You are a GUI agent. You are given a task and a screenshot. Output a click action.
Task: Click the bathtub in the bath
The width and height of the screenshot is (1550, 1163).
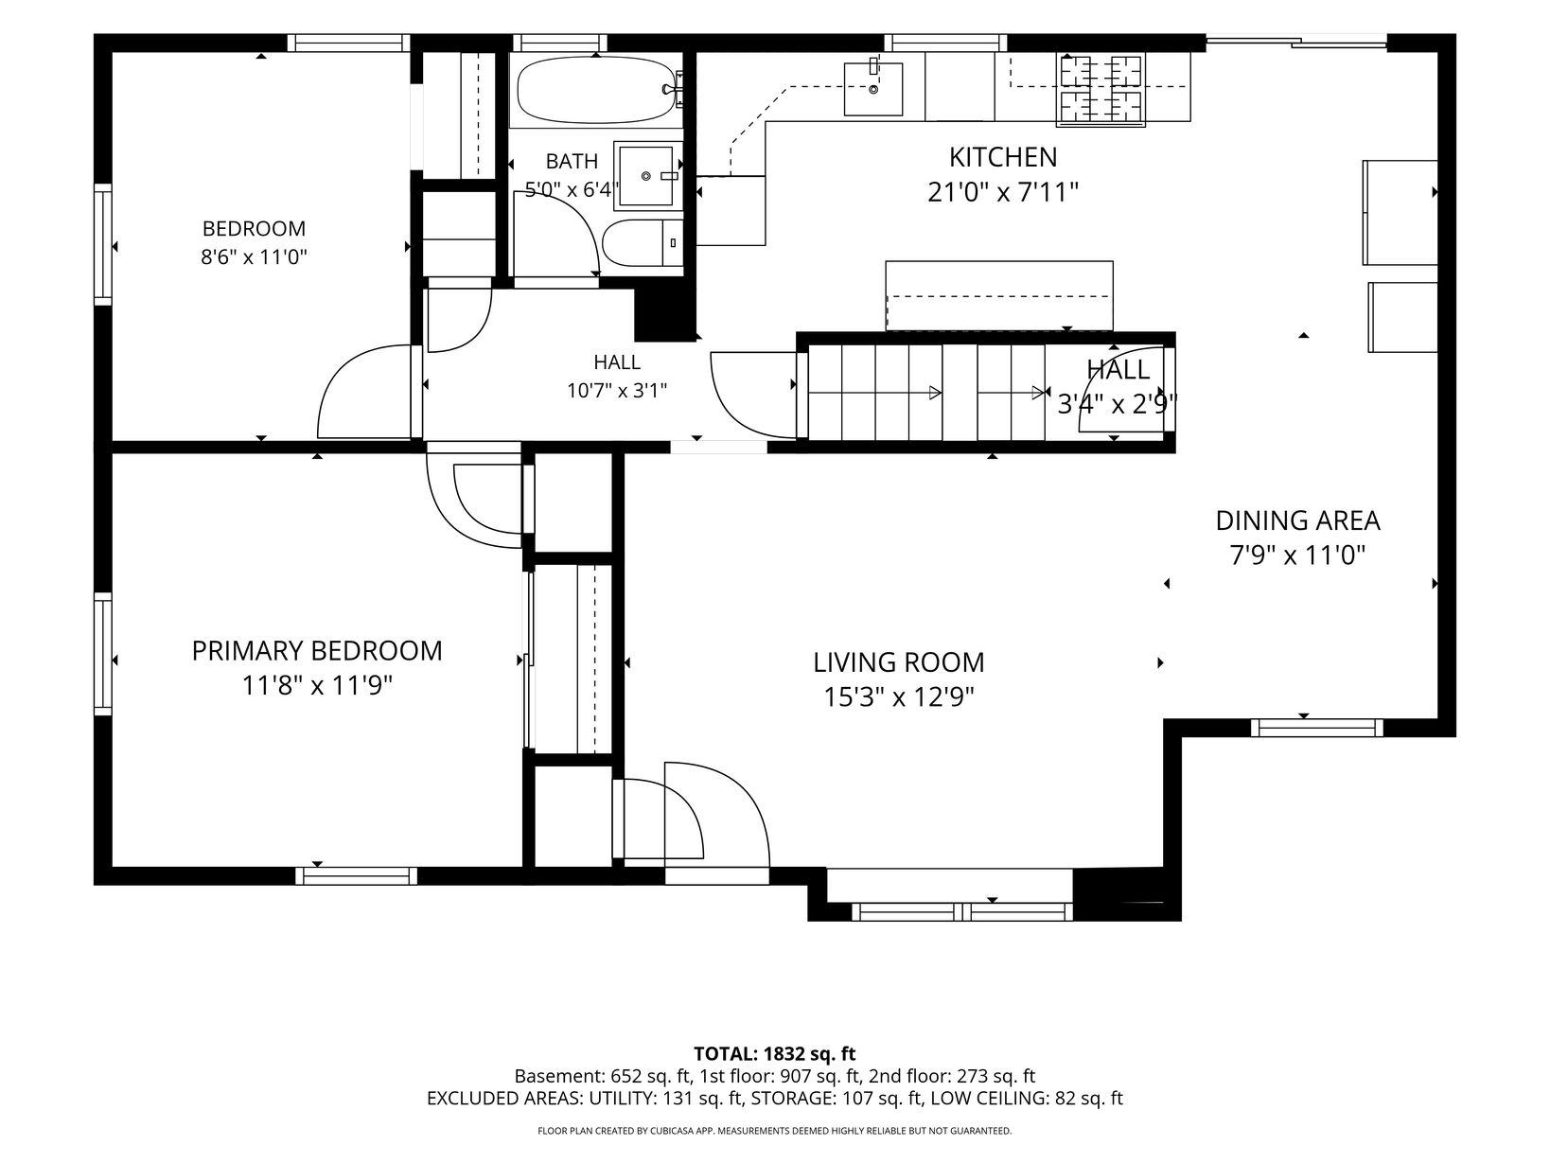point(596,90)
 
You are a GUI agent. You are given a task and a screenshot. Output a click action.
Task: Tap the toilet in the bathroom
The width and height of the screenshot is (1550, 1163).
point(643,242)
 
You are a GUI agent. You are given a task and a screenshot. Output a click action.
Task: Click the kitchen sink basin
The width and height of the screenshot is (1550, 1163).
point(872,89)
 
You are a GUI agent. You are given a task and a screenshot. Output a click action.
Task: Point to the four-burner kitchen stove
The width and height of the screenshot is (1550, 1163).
point(1101,89)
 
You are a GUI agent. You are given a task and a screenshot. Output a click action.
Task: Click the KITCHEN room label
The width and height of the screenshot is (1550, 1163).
point(1003,157)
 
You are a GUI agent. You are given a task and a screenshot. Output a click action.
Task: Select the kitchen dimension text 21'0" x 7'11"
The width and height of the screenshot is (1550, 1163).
point(1003,192)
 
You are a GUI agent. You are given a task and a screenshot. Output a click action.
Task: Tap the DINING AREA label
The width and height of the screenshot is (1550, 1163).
point(1297,520)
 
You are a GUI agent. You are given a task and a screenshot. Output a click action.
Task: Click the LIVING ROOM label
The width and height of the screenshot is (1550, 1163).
point(898,662)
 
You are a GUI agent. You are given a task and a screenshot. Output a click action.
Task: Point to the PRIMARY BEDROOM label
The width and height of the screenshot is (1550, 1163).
point(317,650)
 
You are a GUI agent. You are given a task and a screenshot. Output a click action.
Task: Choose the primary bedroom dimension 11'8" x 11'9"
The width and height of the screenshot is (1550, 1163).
point(317,685)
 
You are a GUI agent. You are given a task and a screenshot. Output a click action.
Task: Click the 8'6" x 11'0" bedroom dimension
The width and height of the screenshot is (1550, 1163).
point(255,256)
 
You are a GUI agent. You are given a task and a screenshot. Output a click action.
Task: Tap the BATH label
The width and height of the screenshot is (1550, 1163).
point(572,161)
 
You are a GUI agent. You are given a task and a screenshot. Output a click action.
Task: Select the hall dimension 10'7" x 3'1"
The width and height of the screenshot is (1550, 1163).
point(616,391)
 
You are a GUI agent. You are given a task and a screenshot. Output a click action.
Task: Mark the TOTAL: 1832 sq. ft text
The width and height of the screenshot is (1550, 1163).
point(775,1053)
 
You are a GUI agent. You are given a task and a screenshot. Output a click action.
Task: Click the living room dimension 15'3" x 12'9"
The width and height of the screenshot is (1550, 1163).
point(898,697)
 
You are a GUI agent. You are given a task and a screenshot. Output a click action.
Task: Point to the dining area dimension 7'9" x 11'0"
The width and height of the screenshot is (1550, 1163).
point(1297,555)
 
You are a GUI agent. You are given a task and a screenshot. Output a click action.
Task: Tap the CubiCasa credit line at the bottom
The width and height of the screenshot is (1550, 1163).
point(775,1131)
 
